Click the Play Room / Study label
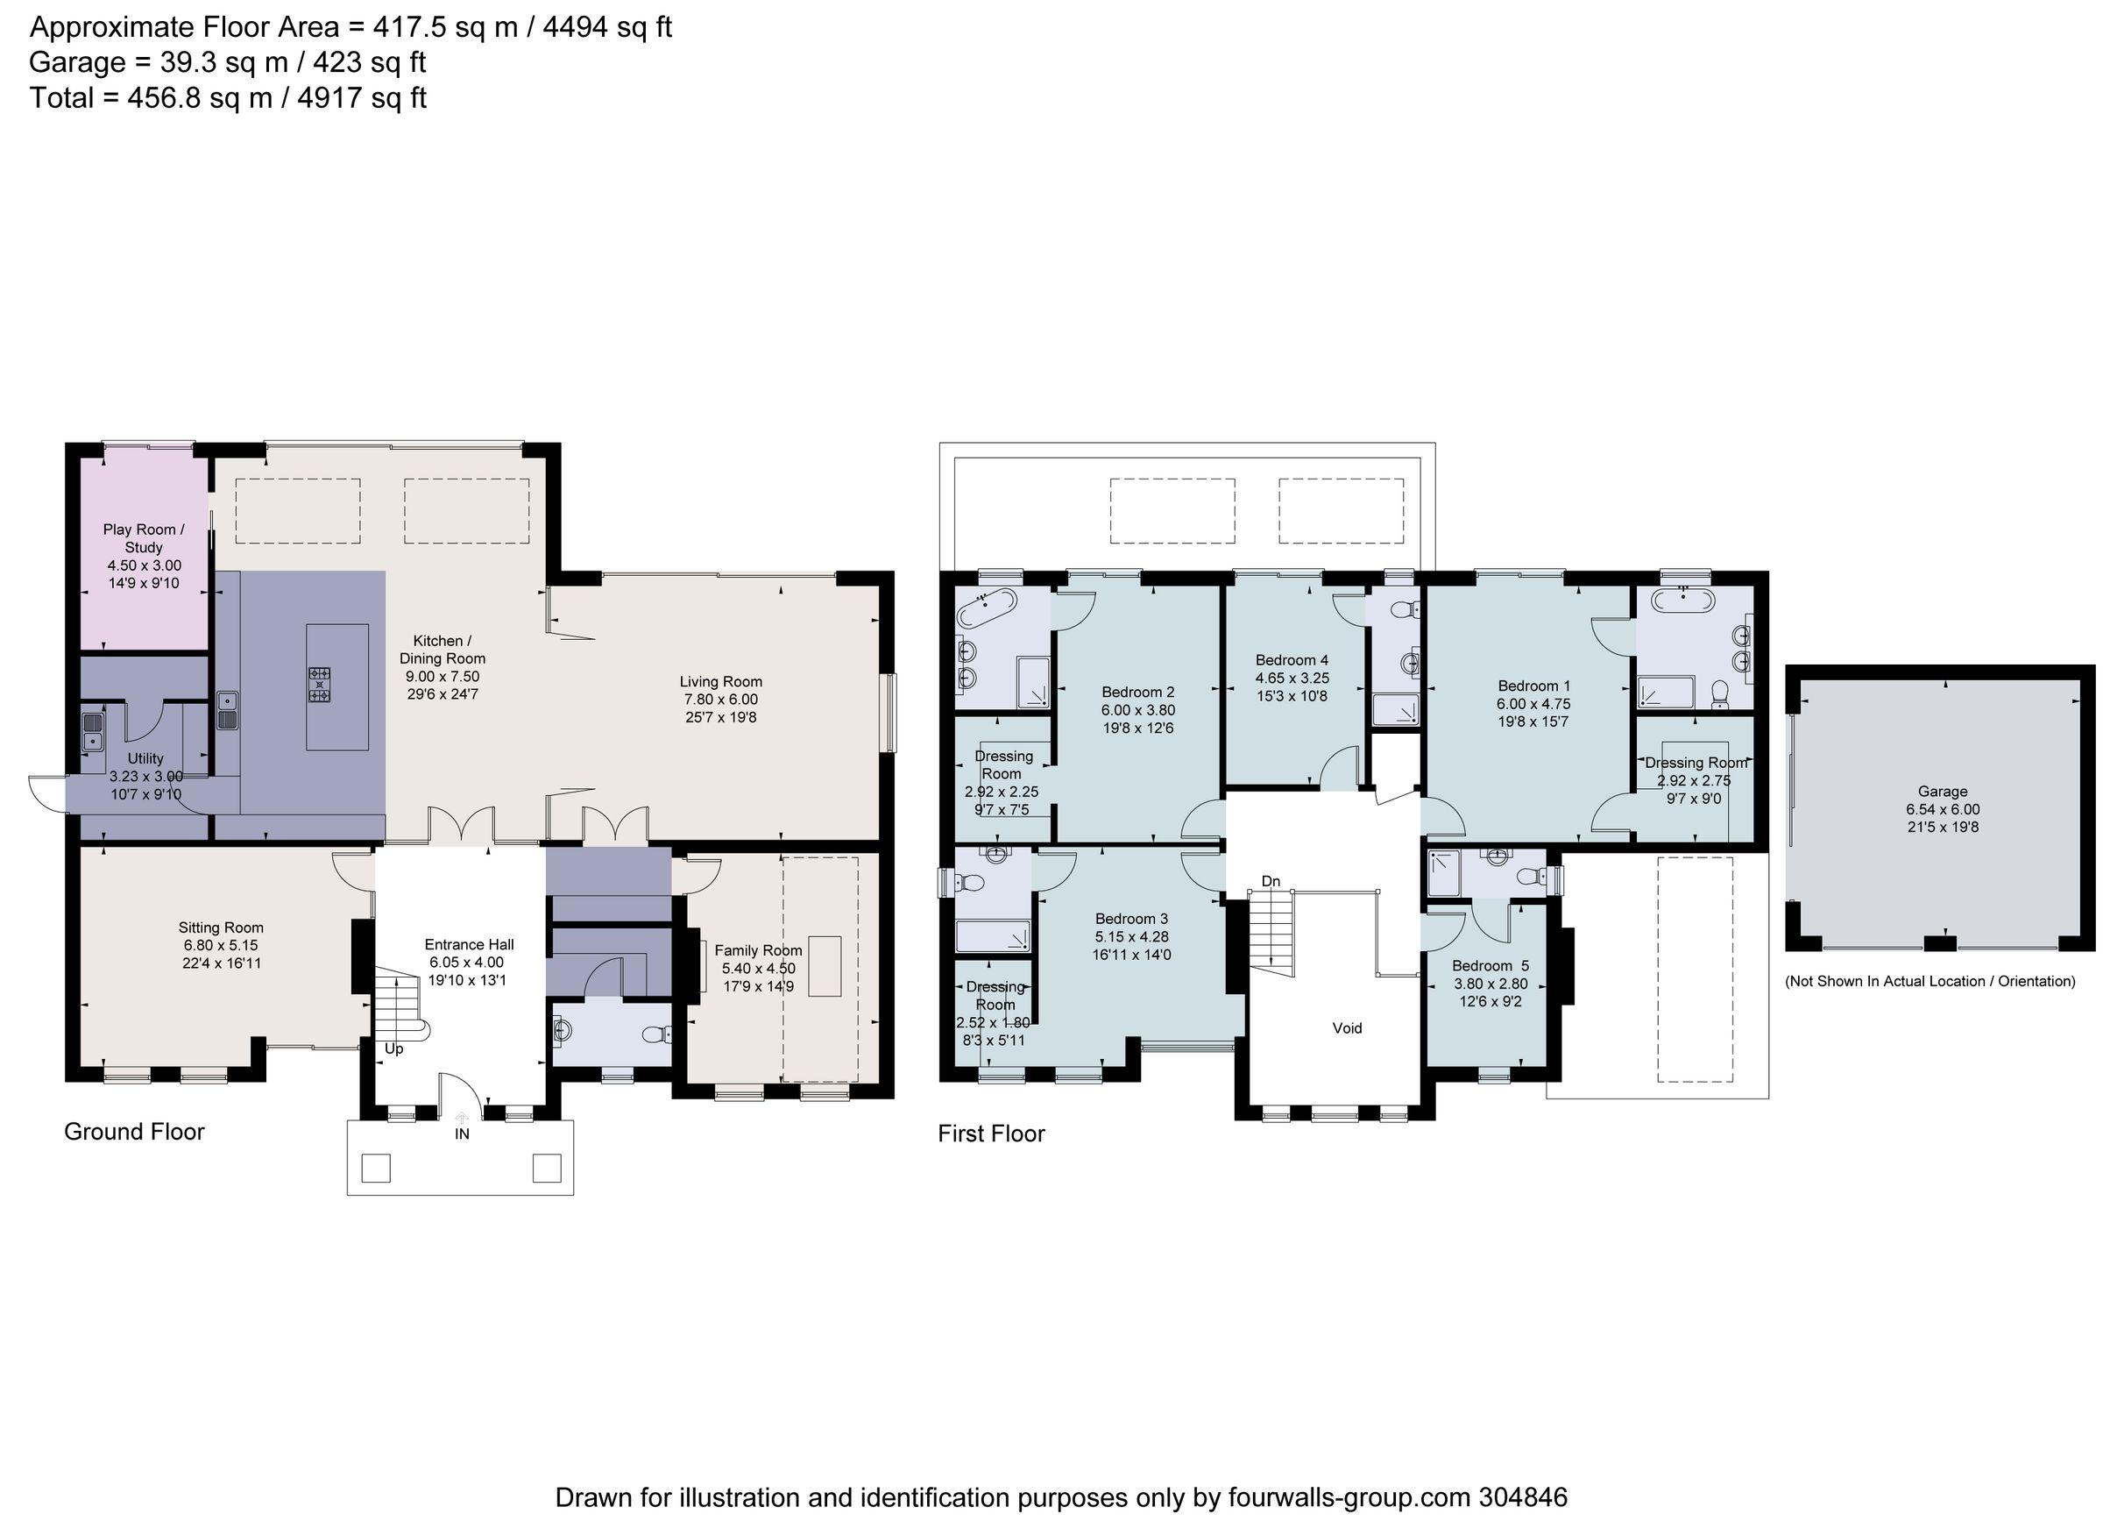click(143, 538)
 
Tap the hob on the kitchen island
click(319, 685)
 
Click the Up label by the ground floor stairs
click(394, 1049)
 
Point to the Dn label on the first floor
click(1271, 881)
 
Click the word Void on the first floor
click(1347, 1027)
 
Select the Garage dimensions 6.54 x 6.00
click(1942, 809)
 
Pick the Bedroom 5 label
click(1491, 965)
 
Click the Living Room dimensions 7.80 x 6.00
click(720, 700)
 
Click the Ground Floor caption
click(133, 1132)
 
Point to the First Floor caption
click(990, 1134)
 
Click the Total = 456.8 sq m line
click(228, 97)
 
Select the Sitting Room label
click(221, 928)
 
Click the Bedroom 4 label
click(1292, 660)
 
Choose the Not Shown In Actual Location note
click(1930, 981)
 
